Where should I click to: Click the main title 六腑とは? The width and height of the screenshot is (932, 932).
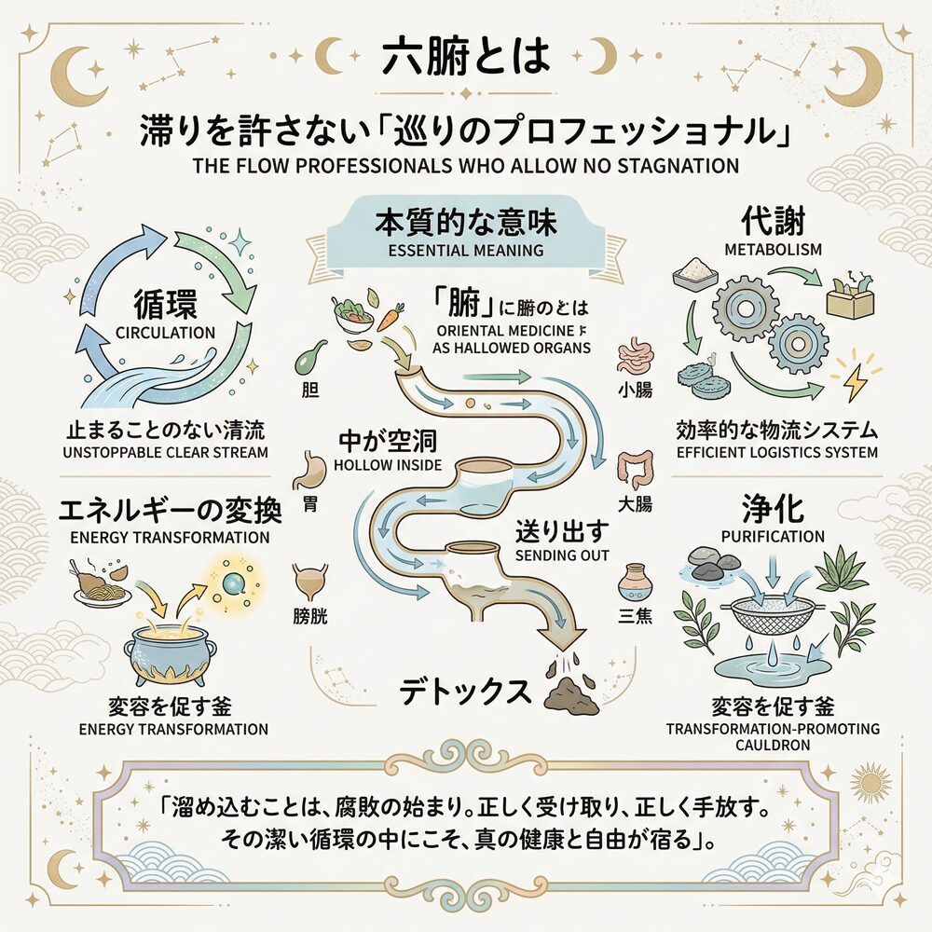(466, 58)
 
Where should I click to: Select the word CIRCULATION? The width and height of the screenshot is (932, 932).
(164, 333)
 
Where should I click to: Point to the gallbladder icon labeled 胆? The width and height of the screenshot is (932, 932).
(310, 358)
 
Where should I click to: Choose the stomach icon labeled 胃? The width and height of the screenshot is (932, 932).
(311, 471)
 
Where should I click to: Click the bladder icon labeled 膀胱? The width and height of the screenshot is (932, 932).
(311, 583)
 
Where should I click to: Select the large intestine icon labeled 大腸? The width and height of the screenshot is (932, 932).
(635, 471)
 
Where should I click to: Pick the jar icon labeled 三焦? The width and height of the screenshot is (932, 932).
(633, 582)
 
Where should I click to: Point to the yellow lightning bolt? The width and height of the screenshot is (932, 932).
(853, 382)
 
